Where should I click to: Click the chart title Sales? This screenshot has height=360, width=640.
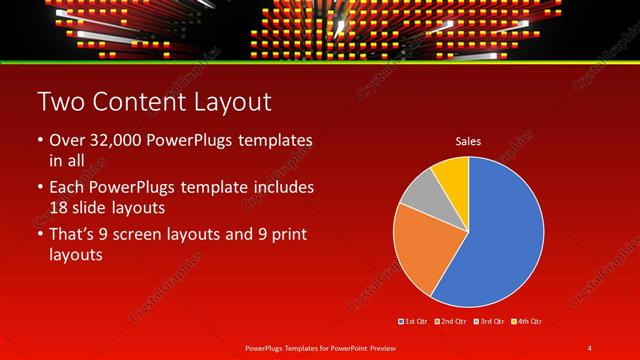(x=468, y=141)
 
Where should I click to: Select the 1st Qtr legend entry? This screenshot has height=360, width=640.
(x=413, y=321)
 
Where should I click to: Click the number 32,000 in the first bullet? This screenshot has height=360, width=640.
(x=118, y=140)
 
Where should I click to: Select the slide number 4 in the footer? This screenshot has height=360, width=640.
(x=590, y=347)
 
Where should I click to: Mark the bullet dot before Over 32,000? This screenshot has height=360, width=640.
(x=39, y=140)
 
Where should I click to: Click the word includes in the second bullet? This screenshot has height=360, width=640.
(x=286, y=187)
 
